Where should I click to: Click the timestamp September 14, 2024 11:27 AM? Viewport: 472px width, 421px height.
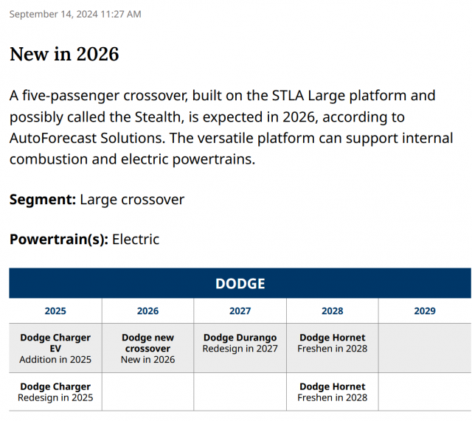[x=75, y=14]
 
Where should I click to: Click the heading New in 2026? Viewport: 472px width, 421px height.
[x=64, y=54]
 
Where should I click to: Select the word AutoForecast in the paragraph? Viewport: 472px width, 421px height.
[x=55, y=138]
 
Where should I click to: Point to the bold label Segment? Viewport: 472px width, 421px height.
[x=42, y=199]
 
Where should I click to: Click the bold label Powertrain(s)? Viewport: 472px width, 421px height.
[x=58, y=239]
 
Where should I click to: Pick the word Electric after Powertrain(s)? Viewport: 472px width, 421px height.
[x=136, y=239]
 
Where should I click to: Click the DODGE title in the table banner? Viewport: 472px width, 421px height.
[x=240, y=284]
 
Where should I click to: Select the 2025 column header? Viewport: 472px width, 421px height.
[x=55, y=311]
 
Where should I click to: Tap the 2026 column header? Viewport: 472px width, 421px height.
[x=147, y=311]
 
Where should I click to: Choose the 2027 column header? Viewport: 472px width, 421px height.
[x=240, y=311]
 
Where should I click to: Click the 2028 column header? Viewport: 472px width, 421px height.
[x=332, y=311]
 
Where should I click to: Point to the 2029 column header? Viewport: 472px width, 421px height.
[x=425, y=311]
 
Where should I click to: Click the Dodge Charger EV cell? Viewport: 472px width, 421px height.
[x=55, y=348]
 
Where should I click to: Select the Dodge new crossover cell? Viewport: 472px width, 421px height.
[x=147, y=348]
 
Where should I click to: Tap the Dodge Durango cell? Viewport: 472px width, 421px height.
[x=240, y=343]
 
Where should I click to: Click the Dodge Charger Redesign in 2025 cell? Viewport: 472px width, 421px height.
[x=55, y=392]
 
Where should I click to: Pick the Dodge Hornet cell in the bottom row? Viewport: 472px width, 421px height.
[x=332, y=392]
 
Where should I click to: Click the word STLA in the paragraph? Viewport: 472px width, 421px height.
[x=285, y=96]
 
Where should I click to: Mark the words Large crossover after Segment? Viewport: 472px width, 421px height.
[x=132, y=199]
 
